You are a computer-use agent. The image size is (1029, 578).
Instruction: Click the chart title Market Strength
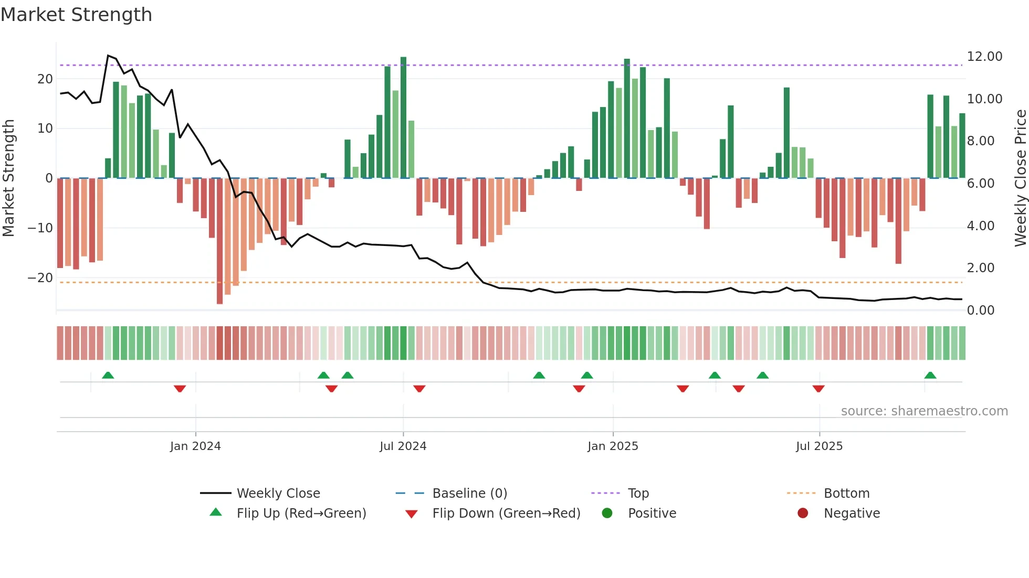pyautogui.click(x=76, y=15)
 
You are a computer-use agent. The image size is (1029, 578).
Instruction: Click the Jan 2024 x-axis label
pyautogui.click(x=195, y=446)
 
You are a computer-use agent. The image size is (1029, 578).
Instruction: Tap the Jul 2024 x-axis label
pyautogui.click(x=403, y=446)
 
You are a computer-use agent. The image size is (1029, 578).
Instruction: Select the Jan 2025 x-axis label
pyautogui.click(x=613, y=446)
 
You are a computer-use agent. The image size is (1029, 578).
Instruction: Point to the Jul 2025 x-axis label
pyautogui.click(x=819, y=446)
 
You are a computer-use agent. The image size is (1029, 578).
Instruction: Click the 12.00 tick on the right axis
pyautogui.click(x=984, y=57)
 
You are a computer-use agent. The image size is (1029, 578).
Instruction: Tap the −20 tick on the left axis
pyautogui.click(x=40, y=278)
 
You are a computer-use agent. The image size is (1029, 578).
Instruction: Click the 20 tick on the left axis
pyautogui.click(x=45, y=79)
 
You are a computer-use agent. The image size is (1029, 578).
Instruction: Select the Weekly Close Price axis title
pyautogui.click(x=1020, y=178)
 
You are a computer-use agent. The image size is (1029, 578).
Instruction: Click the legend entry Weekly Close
pyautogui.click(x=278, y=494)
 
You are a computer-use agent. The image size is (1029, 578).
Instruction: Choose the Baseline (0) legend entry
pyautogui.click(x=469, y=494)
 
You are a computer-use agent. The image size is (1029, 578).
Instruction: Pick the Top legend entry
pyautogui.click(x=638, y=494)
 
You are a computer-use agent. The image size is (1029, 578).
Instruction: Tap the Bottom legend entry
pyautogui.click(x=846, y=494)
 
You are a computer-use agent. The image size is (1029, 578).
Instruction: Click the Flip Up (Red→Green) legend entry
pyautogui.click(x=301, y=513)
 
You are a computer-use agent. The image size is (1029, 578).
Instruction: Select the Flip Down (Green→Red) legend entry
pyautogui.click(x=506, y=513)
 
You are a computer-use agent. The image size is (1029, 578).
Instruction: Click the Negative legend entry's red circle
pyautogui.click(x=803, y=513)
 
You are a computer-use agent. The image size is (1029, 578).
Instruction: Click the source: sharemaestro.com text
pyautogui.click(x=924, y=411)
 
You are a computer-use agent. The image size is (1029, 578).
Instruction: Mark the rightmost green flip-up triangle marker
pyautogui.click(x=930, y=375)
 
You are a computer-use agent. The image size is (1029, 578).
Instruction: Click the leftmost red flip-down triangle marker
pyautogui.click(x=180, y=389)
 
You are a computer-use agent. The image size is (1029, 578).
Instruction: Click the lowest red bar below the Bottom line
pyautogui.click(x=219, y=294)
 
